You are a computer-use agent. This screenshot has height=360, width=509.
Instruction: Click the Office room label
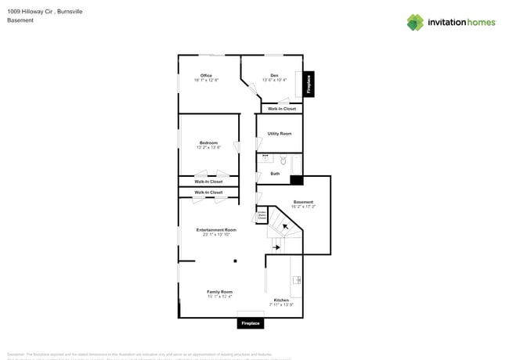tap(207, 76)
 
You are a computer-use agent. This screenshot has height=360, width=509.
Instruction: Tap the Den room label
tap(274, 76)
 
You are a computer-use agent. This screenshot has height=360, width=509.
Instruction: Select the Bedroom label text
tap(208, 143)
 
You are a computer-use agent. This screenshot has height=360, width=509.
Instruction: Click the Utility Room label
tap(280, 134)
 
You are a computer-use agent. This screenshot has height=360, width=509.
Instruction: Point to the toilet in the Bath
tap(283, 160)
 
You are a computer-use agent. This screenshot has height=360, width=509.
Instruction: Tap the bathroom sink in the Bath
tap(265, 157)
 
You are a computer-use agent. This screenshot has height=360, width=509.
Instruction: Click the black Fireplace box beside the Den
tap(309, 85)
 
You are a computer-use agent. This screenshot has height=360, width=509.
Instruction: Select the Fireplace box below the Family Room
tap(251, 322)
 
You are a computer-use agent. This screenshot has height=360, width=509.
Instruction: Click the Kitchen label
tap(281, 300)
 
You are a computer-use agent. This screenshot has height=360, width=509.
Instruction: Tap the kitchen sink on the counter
tap(297, 280)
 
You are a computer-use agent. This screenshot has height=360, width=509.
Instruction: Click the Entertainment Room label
tap(216, 230)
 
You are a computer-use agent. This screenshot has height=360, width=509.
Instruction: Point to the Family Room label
tap(220, 292)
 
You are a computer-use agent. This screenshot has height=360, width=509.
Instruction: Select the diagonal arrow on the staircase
tap(286, 227)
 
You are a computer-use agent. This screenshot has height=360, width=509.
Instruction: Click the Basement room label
tap(303, 202)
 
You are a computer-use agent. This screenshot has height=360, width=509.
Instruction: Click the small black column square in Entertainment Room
tap(234, 261)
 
